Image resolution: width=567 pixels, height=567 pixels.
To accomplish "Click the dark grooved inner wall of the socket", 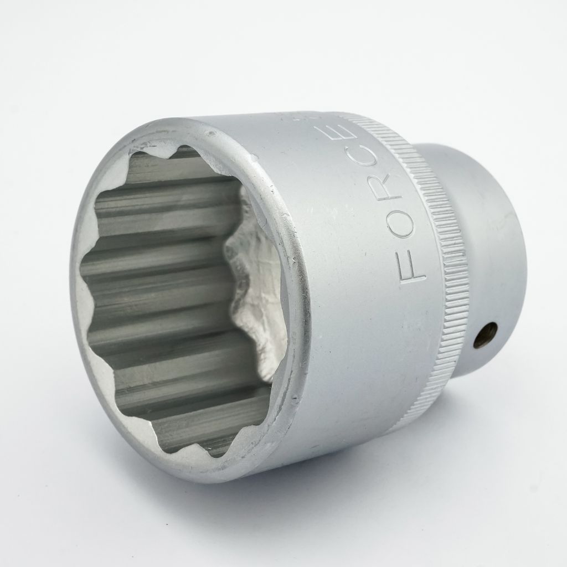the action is [x=159, y=289].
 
